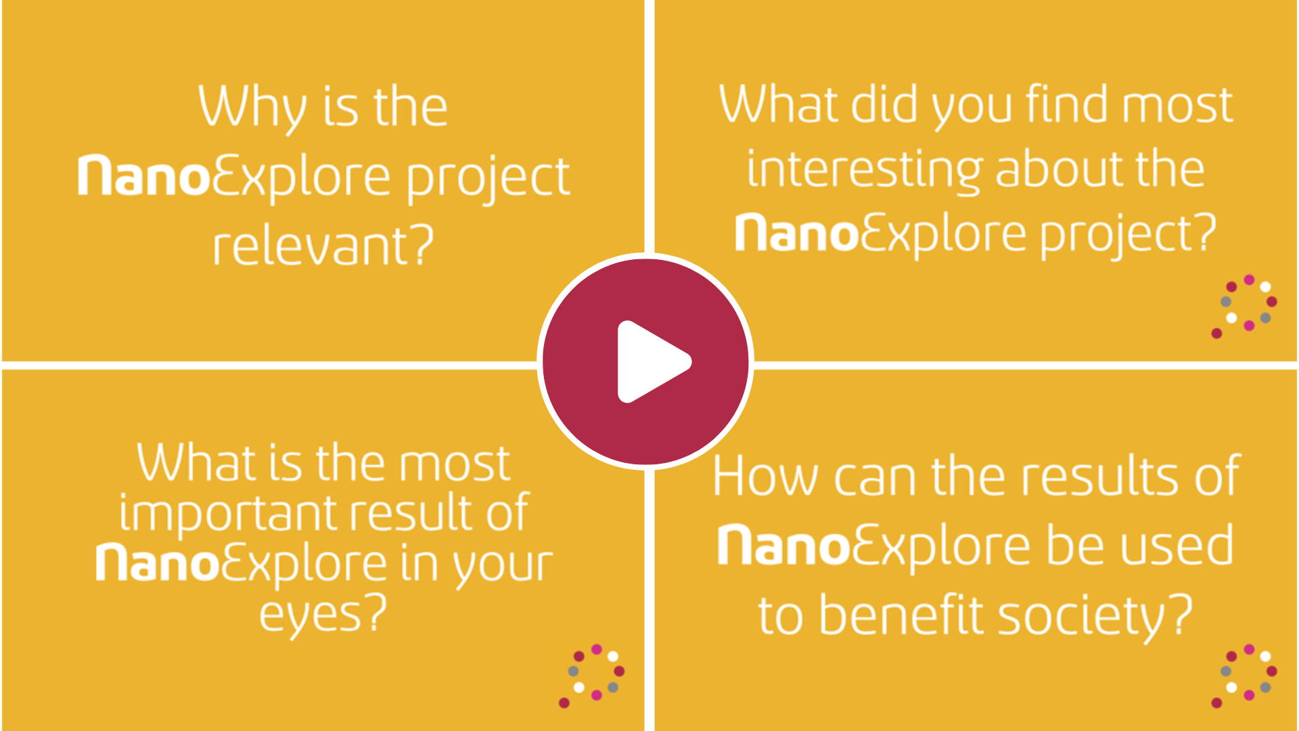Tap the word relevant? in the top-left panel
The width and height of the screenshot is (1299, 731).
(323, 244)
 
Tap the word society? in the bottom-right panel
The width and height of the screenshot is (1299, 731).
(1095, 615)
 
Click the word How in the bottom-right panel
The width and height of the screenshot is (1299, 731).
(765, 477)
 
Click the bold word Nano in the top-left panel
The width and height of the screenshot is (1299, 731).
(143, 176)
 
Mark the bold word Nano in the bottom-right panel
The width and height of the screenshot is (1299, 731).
(783, 545)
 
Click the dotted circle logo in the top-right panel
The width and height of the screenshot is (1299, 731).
(1244, 306)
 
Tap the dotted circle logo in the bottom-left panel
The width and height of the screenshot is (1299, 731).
(592, 675)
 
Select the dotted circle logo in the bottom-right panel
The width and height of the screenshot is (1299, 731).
(1244, 675)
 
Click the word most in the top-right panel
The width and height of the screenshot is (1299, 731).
(1178, 106)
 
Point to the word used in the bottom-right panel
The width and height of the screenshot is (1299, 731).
(1178, 545)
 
